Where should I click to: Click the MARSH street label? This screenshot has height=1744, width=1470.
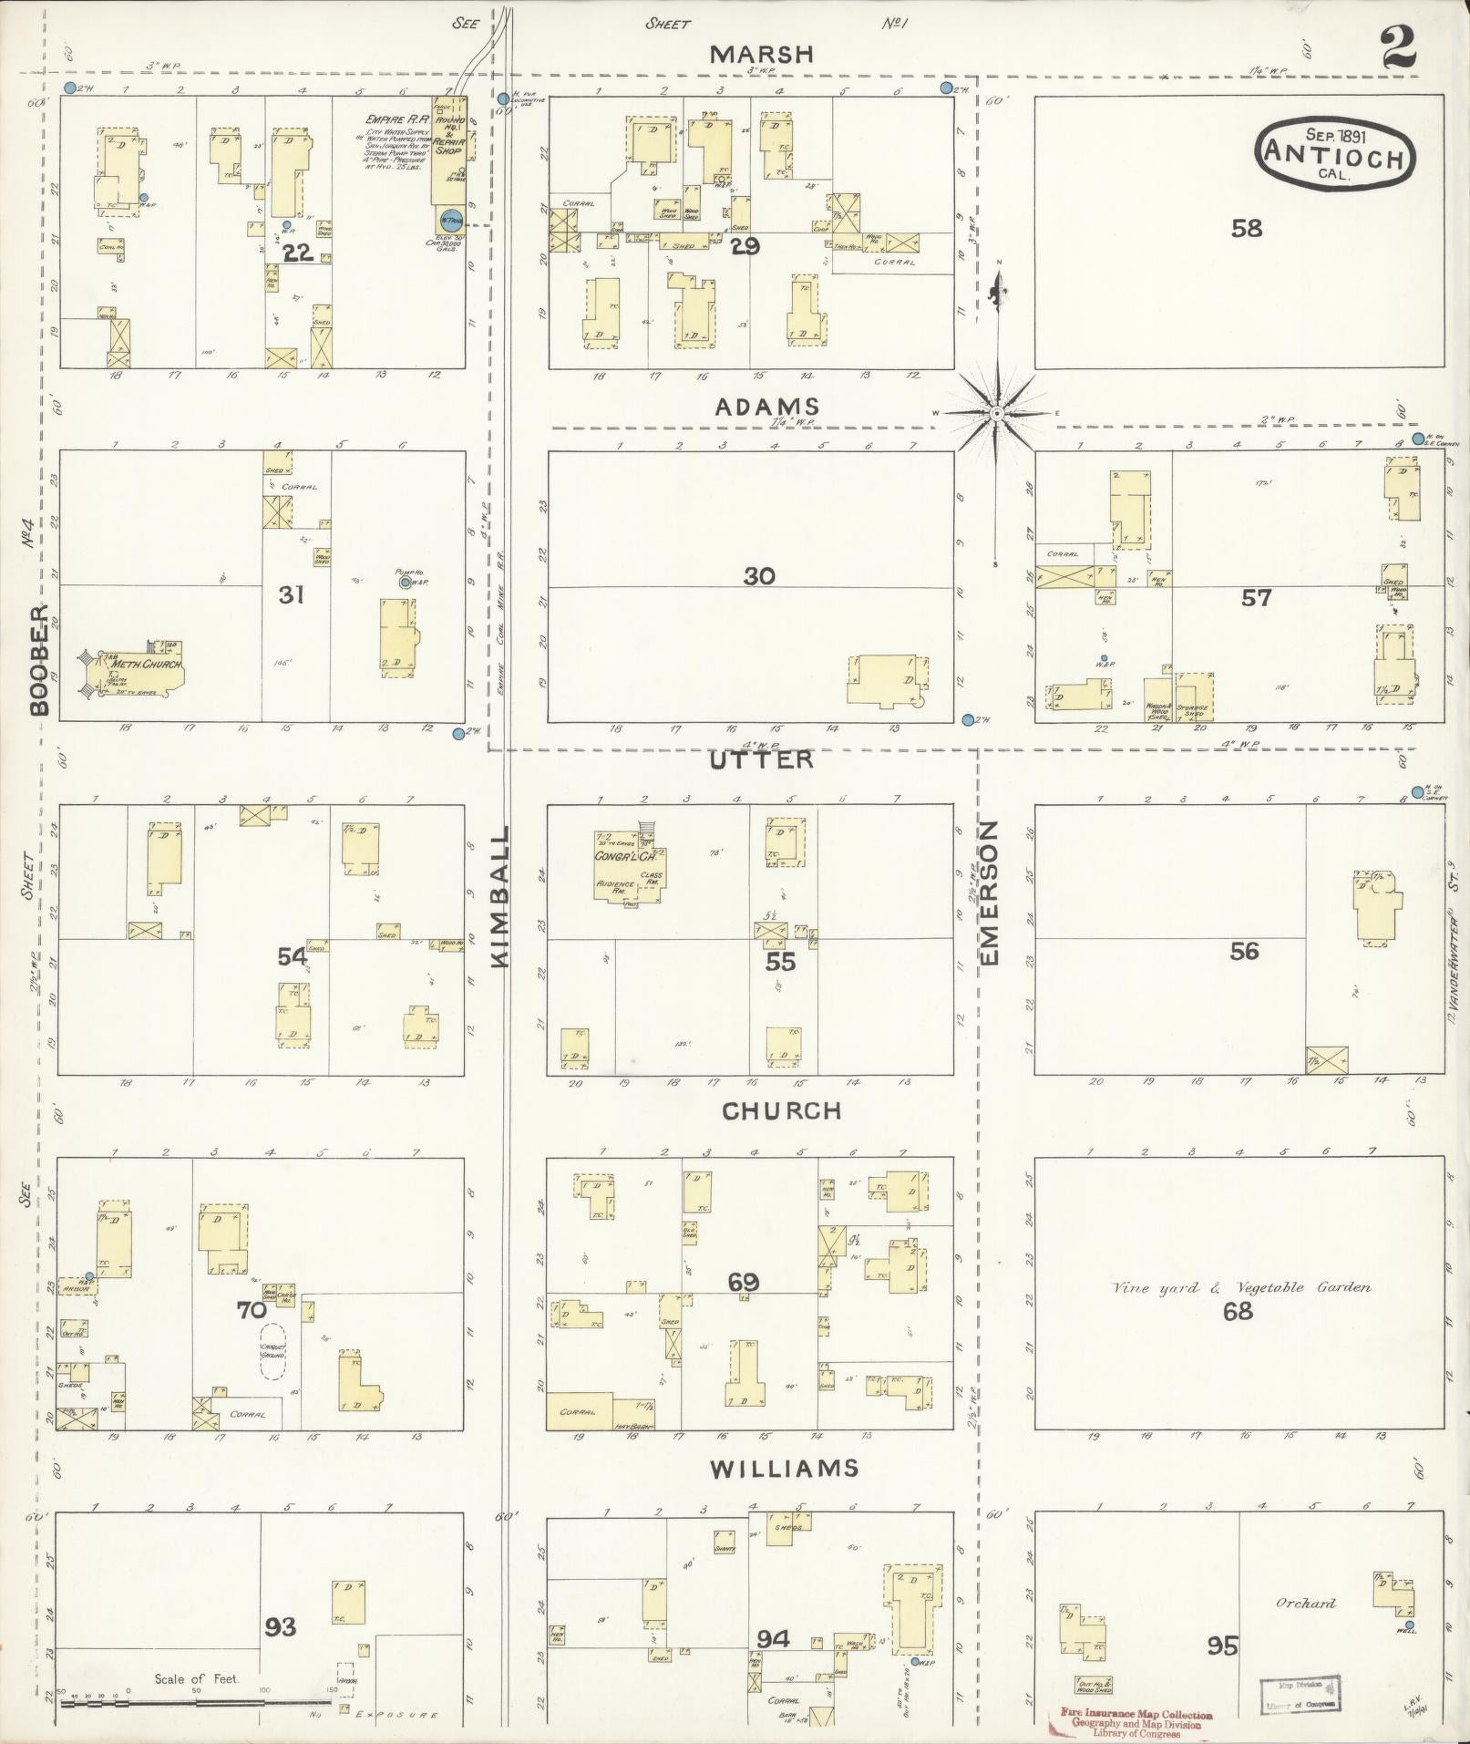[x=761, y=55]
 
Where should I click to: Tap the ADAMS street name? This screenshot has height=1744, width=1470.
[x=766, y=407]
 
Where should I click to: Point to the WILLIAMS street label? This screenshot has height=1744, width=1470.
[x=785, y=1468]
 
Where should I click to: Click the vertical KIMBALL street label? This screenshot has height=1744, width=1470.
[x=502, y=897]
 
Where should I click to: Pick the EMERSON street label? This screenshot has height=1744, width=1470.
[x=991, y=892]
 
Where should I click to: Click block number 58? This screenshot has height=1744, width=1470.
[x=1246, y=228]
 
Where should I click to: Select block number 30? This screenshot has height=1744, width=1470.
[x=758, y=576]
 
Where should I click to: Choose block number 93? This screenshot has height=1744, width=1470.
[x=281, y=1625]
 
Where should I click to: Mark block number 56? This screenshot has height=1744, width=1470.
[x=1243, y=951]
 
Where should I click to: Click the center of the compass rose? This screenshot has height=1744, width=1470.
[x=997, y=413]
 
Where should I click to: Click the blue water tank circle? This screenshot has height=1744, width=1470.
[x=450, y=221]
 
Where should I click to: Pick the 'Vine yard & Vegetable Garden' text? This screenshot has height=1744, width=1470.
[x=1241, y=1288]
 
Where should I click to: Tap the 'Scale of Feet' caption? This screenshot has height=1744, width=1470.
[x=196, y=1679]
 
